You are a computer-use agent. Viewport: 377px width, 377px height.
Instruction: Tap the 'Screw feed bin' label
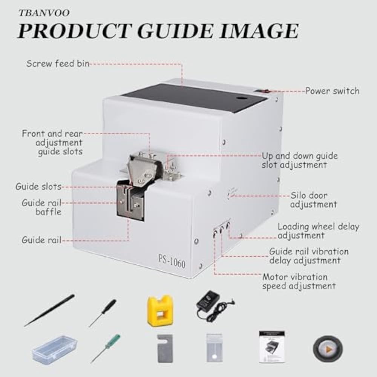tap(57, 63)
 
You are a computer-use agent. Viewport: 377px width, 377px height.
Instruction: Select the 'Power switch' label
tap(332, 91)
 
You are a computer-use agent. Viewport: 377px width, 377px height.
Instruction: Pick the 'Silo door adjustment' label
tap(313, 200)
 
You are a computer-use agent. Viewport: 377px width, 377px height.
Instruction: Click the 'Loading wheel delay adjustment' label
tap(318, 231)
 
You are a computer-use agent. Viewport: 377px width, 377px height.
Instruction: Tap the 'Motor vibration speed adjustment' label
tap(299, 282)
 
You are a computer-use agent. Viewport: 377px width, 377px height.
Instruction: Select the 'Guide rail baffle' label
tap(41, 207)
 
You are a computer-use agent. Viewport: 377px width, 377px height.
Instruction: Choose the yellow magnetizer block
tap(160, 310)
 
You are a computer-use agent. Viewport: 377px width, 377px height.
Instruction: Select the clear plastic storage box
tap(54, 349)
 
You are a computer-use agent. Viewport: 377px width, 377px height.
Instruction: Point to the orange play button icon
tap(328, 349)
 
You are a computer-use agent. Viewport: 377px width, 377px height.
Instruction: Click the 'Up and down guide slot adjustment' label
tap(300, 160)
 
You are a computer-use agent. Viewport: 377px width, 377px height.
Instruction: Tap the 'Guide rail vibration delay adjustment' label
tap(309, 256)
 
